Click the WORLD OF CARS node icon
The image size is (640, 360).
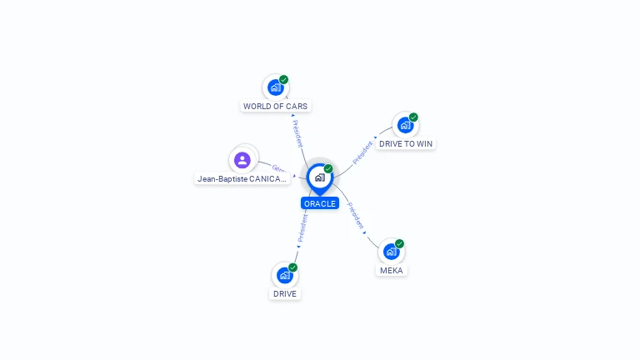point(274,87)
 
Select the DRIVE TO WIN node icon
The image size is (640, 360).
point(405,125)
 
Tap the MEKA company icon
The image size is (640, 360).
point(391,251)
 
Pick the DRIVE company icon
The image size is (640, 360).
point(285,275)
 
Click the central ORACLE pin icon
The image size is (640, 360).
point(319,177)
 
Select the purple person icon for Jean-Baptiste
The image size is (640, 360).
point(242,160)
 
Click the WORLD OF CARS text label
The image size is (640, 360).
point(275,107)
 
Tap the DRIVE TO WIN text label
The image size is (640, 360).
point(406,144)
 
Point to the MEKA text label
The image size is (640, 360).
point(392,271)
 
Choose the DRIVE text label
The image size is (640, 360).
point(285,294)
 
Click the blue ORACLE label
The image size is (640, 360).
point(320,203)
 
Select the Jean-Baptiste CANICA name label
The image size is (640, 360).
point(242,178)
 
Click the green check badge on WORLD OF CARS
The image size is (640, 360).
point(284,80)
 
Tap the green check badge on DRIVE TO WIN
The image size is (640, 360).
point(413,117)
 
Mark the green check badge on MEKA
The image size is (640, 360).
point(400,244)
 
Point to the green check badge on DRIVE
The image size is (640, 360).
point(293,267)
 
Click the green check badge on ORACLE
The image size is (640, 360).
point(328,169)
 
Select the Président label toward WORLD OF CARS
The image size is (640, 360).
point(297,132)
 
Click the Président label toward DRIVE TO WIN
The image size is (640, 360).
point(362,152)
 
